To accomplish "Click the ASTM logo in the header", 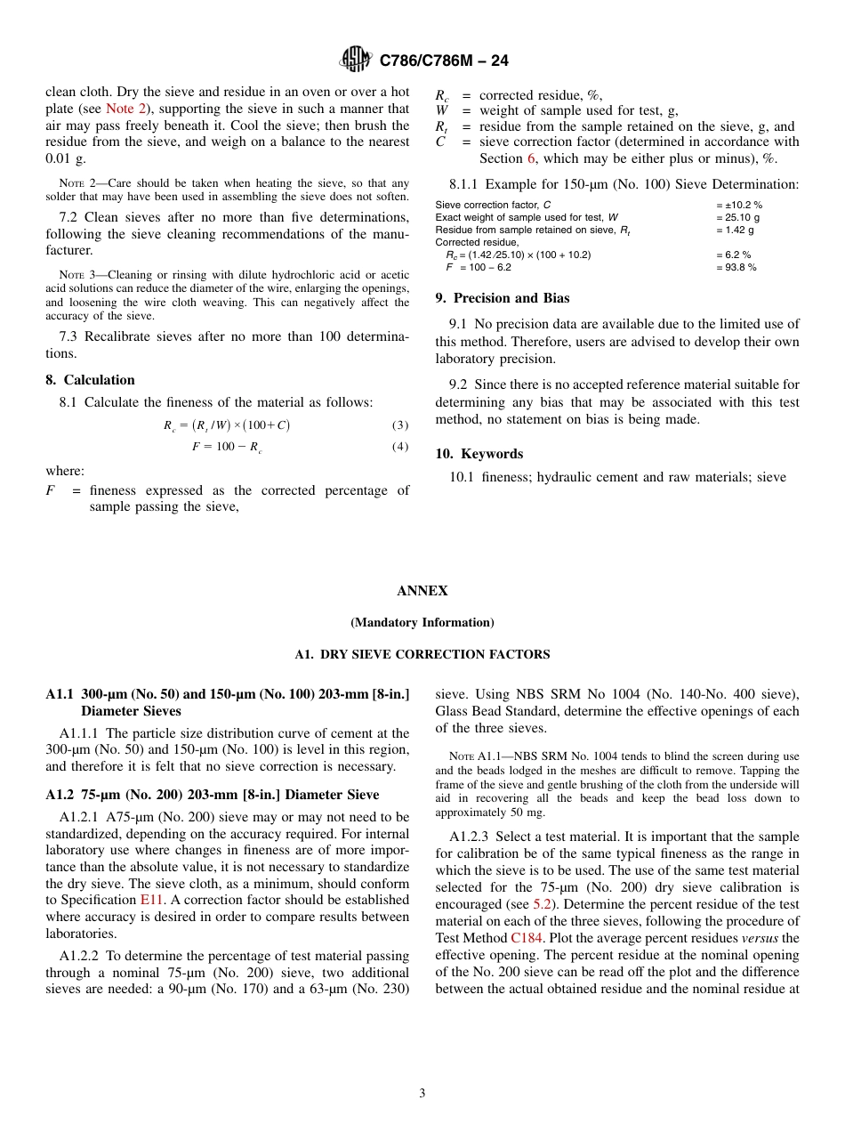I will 357,61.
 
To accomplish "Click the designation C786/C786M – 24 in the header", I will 444,61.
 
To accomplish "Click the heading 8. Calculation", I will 90,380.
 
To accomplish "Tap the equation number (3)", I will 400,425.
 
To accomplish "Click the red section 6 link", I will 531,158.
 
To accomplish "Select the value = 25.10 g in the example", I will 737,217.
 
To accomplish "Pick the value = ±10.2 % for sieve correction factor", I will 738,205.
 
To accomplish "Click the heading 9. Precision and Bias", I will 503,298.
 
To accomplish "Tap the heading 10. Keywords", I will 479,454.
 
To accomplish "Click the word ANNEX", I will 422,591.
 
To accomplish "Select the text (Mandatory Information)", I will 422,623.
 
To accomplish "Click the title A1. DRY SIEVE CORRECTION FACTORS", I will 422,655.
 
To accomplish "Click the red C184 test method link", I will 526,938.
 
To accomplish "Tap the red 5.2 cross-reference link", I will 542,904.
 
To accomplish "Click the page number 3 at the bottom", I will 422,1094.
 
